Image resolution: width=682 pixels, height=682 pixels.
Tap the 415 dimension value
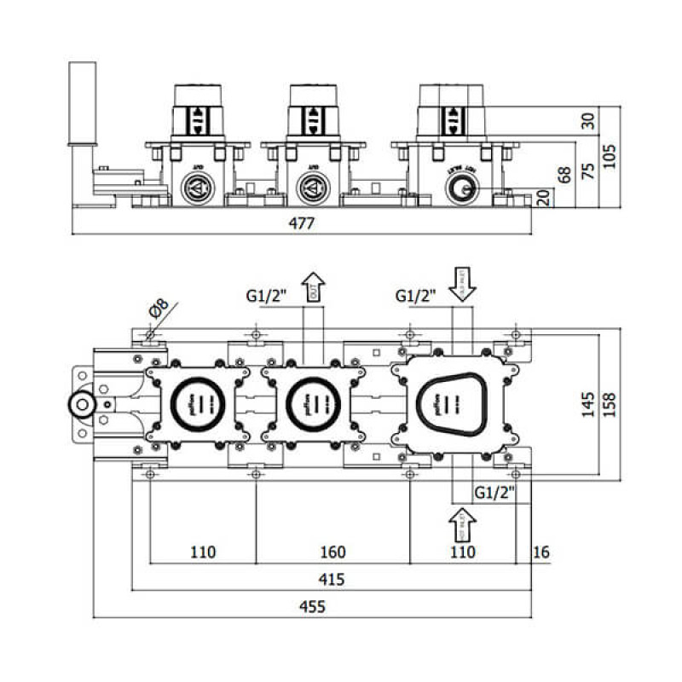pos(331,580)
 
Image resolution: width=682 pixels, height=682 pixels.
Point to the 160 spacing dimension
pos(332,552)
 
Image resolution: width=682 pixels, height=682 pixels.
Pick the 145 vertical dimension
pos(587,400)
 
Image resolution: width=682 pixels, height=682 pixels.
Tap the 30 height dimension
pos(587,120)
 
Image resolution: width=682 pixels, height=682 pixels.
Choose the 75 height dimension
pos(587,170)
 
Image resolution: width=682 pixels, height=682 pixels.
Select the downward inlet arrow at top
pos(464,285)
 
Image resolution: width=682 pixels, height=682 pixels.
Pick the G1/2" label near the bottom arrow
pos(494,492)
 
